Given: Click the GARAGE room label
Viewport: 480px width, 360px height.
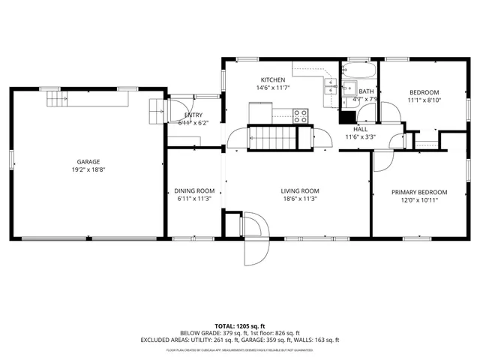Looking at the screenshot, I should [x=88, y=161].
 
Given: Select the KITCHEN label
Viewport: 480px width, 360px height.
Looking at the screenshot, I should [x=272, y=79].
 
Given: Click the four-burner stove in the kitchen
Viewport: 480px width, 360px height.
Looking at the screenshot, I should [x=300, y=115].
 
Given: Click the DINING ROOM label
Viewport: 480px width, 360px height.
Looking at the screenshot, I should [x=194, y=190].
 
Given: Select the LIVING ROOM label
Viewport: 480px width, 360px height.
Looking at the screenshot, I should [x=300, y=190].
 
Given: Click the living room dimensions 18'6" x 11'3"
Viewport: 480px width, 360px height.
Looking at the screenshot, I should [x=300, y=199].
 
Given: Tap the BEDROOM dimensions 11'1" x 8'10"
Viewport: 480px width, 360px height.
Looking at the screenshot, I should [x=424, y=100].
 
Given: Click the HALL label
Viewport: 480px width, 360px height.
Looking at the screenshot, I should [x=360, y=129].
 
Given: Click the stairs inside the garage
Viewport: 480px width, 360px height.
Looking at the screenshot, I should [x=55, y=98].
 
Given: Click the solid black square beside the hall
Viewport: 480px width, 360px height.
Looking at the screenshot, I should [x=346, y=117].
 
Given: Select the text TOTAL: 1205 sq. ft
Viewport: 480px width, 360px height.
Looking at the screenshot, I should [x=239, y=325].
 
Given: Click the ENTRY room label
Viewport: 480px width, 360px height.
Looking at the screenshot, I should [x=193, y=115].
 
